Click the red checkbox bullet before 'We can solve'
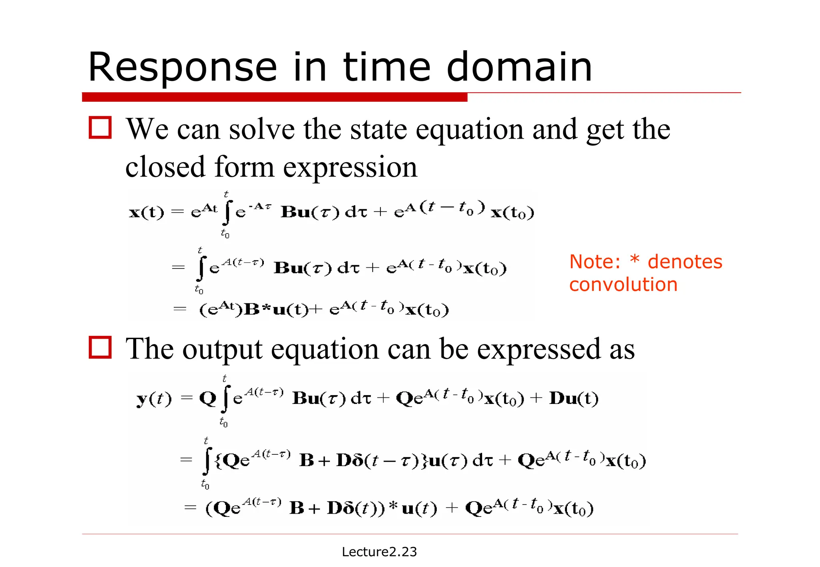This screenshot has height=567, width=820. click(x=100, y=128)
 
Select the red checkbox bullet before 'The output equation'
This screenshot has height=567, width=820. click(x=100, y=347)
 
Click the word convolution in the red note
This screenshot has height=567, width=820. click(x=623, y=285)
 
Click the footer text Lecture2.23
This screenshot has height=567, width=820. click(x=379, y=552)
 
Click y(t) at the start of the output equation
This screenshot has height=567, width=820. click(x=154, y=399)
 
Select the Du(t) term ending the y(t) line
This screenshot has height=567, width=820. click(x=574, y=398)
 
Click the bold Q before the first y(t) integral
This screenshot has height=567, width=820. click(x=207, y=399)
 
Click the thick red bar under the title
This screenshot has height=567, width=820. click(x=274, y=97)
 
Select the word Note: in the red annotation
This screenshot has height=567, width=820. click(x=595, y=262)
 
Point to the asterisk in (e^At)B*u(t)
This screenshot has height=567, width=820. click(x=266, y=309)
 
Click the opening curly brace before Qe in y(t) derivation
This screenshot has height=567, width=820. click(x=218, y=460)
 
